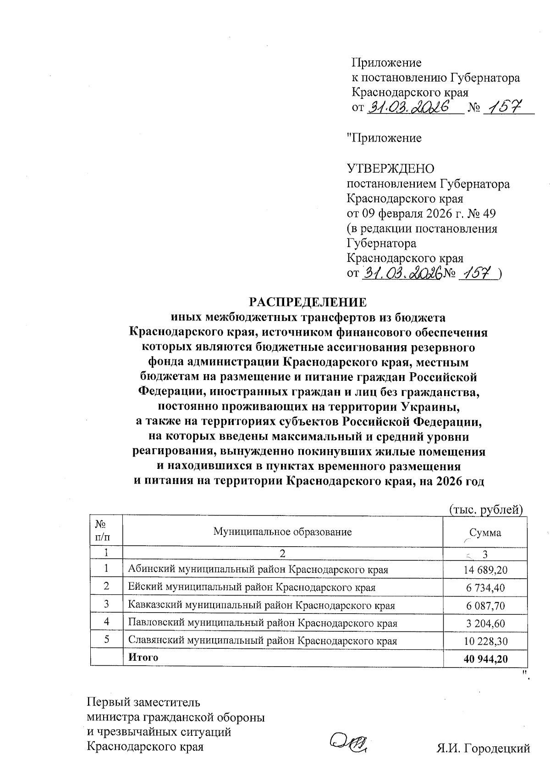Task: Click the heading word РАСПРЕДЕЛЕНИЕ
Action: click(308, 303)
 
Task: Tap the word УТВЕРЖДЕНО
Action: click(391, 169)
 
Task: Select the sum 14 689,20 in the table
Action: click(486, 570)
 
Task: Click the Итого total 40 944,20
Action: click(486, 658)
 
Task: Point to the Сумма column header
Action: click(485, 532)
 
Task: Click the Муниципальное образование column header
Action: click(282, 532)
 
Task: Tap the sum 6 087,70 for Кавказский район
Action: click(486, 605)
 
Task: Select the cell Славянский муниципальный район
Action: click(262, 641)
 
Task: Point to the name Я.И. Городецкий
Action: click(483, 749)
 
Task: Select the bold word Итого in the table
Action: click(143, 657)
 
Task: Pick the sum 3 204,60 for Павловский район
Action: click(486, 623)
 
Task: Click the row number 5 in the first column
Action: click(107, 640)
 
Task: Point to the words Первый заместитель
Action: click(143, 701)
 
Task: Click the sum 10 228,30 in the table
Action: click(486, 641)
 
